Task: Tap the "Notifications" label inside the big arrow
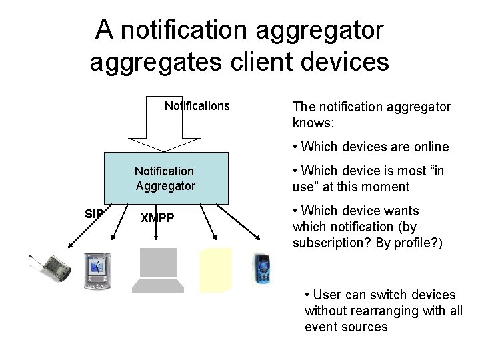coord(197,106)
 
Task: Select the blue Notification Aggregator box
coord(165,178)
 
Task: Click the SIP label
coord(94,214)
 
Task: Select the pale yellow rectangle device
coord(216,270)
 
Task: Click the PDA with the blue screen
coord(97,271)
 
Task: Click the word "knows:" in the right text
coord(313,123)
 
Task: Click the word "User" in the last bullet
coord(327,295)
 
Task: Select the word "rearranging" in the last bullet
coord(395,311)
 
